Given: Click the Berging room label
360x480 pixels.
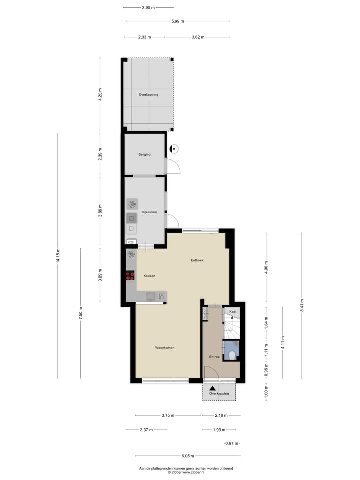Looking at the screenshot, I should coord(145,155).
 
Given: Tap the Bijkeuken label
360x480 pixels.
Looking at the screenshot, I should coord(149,212).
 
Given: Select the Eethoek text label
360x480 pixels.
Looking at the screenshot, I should coord(197,260).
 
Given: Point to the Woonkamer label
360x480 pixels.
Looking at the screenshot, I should coord(164,347).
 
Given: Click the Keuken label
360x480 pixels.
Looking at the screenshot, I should coord(149,276).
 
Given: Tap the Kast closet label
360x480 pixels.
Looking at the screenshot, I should coord(233,312).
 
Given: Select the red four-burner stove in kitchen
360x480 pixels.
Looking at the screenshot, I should coord(130,275).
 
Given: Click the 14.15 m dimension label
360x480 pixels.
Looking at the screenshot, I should coord(58,256).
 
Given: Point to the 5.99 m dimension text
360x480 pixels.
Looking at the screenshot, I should coord(178,21).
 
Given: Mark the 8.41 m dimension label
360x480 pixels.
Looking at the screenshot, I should coord(302,305).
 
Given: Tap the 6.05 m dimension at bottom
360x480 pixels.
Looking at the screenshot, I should coord(187,456).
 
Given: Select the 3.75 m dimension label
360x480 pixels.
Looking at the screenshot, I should coord(168,415).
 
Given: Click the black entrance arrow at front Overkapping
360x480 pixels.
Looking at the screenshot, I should coord(213,388).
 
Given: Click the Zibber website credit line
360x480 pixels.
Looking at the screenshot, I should coord(186,472).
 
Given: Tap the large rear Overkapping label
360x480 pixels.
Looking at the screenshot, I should coord(148,94).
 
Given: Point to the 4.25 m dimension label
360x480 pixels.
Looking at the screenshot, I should coord(100,94).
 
